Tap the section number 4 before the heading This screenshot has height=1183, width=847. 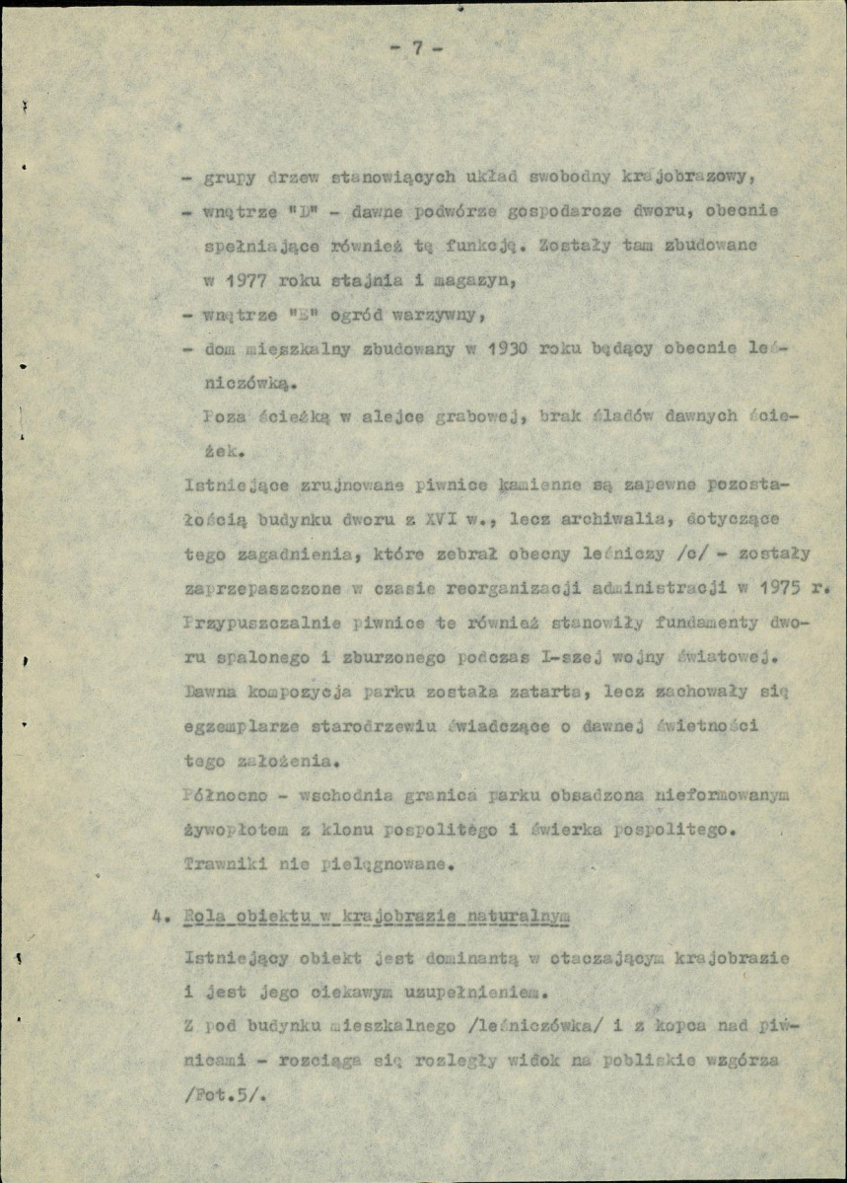(x=157, y=915)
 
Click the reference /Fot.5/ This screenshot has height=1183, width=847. (x=218, y=1094)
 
